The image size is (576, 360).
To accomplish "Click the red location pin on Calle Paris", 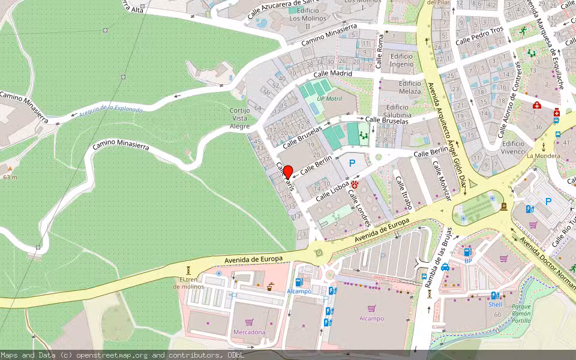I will (287, 172).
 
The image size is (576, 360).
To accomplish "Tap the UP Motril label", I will (329, 98).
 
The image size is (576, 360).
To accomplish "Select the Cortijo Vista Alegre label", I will (239, 118).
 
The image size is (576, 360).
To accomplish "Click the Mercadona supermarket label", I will (249, 332).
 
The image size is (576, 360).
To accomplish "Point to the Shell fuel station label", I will (495, 304).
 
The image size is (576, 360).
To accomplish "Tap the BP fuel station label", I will (468, 261).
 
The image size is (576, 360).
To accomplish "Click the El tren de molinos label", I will (188, 283).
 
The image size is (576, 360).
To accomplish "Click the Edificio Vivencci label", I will (514, 148).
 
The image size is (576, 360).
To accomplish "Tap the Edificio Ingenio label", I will (401, 60).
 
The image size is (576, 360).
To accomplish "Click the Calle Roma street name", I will (379, 51).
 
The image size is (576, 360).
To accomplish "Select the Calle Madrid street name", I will (332, 74).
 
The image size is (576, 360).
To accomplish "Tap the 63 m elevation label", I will (10, 177).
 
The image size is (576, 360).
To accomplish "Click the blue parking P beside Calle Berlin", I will (352, 163).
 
